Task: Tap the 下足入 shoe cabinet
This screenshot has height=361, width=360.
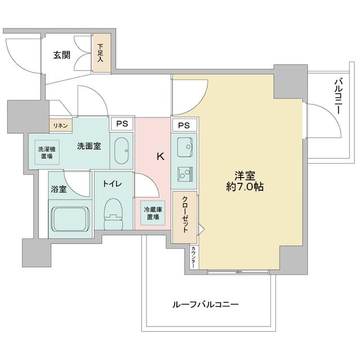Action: coord(101,54)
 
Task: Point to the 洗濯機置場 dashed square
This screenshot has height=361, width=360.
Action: coord(47,152)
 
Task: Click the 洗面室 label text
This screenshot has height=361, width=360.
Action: coord(89,146)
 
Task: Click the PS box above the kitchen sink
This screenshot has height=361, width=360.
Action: coord(184,125)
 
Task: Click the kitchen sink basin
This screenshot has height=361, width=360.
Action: coord(184,148)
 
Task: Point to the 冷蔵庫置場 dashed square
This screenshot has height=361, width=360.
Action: coord(152,213)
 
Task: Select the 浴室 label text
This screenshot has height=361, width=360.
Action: coord(59,190)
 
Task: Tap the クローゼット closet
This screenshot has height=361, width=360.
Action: coord(184,217)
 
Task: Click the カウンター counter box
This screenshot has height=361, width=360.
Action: coord(193,257)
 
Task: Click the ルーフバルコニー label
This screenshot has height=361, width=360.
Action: coord(206,304)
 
